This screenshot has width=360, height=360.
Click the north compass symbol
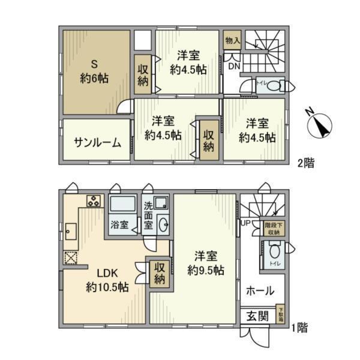pos(322,125)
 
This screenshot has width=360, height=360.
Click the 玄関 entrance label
pos(258,316)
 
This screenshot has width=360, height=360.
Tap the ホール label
pos(260,292)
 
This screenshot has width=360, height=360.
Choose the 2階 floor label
pos(305,163)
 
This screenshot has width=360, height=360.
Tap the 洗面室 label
pos(148,215)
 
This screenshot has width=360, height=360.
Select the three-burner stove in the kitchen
pos(94,202)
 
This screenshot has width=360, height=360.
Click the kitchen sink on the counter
pos(71,230)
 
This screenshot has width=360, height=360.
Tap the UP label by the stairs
pos(245,223)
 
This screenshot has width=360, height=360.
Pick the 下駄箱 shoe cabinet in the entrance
pos(280,315)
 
